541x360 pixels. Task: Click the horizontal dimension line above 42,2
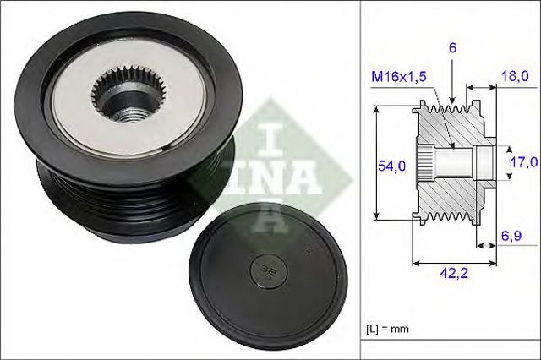pos(455,261)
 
